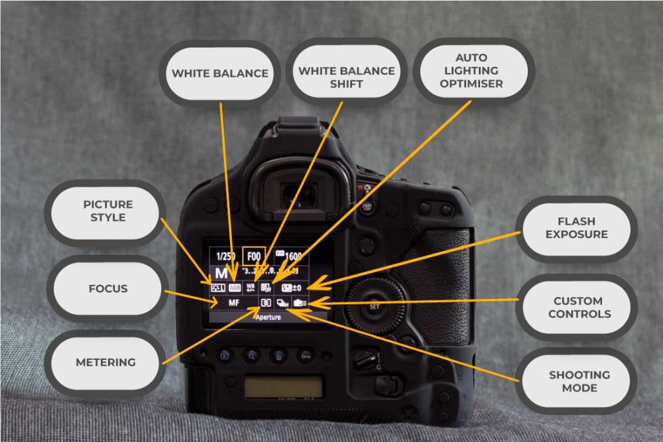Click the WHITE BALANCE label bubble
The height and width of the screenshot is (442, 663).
219,73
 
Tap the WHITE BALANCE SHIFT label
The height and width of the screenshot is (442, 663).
346,77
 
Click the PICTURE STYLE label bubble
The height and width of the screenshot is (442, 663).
107,211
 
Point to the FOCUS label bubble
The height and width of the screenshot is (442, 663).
107,289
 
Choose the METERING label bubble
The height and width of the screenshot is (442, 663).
105,362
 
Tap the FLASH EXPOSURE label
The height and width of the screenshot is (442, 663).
576,227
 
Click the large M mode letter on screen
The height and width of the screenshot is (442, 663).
219,273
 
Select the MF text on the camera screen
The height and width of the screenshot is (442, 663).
233,302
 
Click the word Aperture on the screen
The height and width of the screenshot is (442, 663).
269,317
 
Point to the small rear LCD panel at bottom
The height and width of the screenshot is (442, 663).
283,386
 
